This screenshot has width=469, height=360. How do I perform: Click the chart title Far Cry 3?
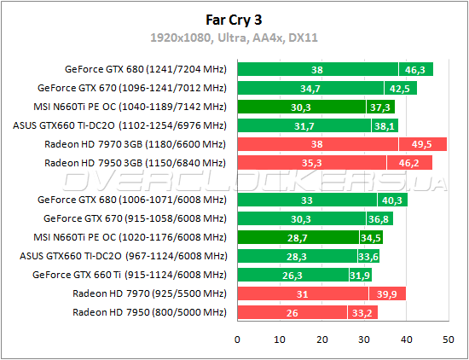tap(234, 18)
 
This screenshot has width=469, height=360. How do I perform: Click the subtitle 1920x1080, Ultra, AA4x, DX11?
tap(234, 38)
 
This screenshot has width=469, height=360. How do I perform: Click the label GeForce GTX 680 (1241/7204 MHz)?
tap(144, 69)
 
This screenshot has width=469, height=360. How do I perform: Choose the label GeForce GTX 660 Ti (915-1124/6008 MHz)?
tap(129, 275)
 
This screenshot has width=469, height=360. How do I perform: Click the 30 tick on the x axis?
tap(363, 339)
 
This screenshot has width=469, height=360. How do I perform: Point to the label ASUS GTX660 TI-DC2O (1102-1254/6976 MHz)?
tap(119, 125)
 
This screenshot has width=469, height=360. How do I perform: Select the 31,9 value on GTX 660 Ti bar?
tap(360, 275)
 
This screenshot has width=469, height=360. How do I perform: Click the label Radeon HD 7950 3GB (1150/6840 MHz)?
tap(135, 163)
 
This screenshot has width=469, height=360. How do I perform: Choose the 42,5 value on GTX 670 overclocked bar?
tap(399, 88)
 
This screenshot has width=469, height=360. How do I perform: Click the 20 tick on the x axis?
tap(321, 339)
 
